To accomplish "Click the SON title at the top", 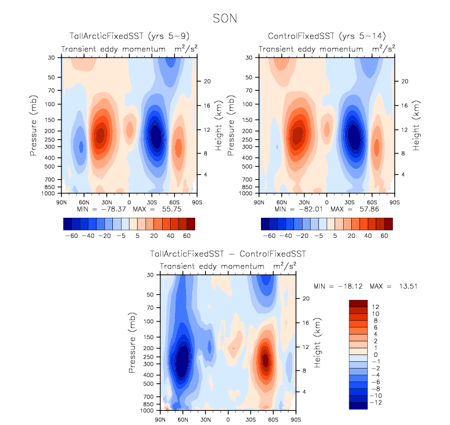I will coord(225,20).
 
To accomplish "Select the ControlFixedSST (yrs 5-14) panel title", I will coord(326,37).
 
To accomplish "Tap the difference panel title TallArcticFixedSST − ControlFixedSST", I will coord(228,253).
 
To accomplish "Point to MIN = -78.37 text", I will coord(97,209).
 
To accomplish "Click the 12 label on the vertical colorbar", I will coord(375,306).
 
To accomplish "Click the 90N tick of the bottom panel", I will coord(161,419).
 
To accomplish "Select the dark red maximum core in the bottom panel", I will coord(265,360).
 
